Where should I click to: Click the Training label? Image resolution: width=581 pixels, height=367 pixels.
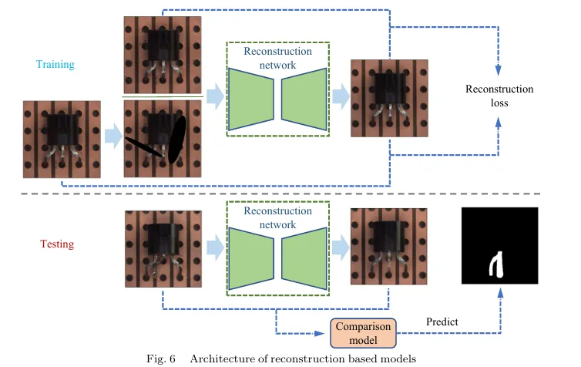click(55, 65)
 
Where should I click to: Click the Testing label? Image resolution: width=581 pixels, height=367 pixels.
click(56, 244)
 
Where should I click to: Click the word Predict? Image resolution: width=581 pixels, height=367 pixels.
click(442, 322)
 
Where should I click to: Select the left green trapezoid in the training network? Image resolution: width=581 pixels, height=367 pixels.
click(253, 98)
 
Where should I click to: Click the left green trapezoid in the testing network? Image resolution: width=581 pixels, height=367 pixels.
click(253, 247)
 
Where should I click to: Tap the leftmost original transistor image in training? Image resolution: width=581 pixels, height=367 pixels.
click(61, 139)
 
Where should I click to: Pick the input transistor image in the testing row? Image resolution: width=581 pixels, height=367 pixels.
click(163, 247)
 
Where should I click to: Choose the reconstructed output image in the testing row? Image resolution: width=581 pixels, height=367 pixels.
click(388, 247)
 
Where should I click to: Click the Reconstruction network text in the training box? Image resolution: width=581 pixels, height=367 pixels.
click(277, 58)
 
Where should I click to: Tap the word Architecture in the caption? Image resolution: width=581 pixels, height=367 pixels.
click(220, 359)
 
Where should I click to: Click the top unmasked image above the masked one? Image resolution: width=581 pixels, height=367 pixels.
click(163, 55)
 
